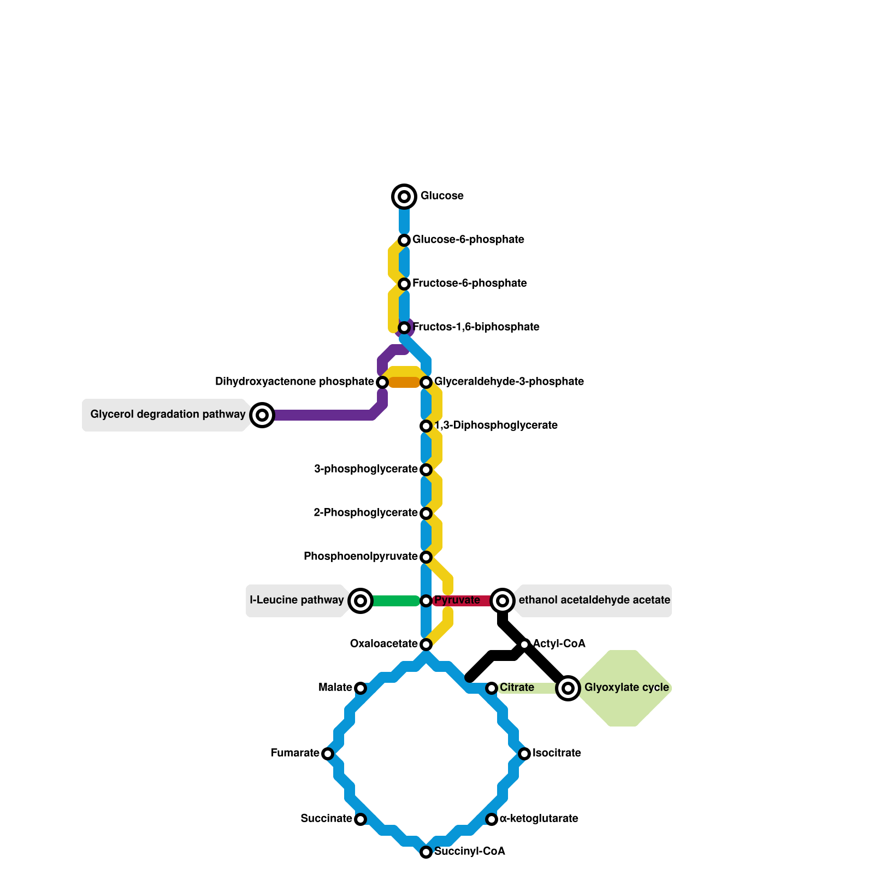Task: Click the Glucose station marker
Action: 404,197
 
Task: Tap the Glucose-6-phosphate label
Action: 468,240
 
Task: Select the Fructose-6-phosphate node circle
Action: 404,284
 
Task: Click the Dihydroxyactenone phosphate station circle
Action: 382,382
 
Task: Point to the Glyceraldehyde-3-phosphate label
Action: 509,382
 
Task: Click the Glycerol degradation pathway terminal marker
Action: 262,415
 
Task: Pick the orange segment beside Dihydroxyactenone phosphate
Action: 404,383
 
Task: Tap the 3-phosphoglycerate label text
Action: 366,469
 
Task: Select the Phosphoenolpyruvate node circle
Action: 426,557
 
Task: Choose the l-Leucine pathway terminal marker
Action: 361,601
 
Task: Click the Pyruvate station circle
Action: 426,601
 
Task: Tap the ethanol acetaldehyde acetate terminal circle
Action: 503,601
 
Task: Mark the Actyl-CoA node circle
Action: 524,645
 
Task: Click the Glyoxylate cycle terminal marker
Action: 568,688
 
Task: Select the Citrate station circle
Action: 492,688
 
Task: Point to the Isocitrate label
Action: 557,753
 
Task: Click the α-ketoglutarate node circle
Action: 492,819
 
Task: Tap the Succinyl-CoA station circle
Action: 426,852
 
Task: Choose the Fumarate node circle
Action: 328,754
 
